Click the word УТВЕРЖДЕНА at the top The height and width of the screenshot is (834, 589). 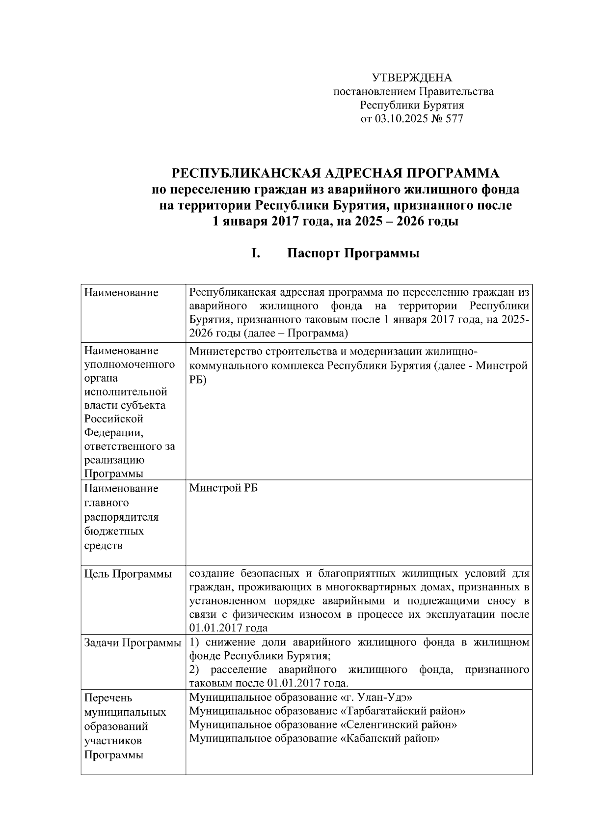[x=412, y=78]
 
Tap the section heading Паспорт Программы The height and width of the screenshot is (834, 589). [x=353, y=253]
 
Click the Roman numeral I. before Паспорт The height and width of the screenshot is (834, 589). [x=255, y=253]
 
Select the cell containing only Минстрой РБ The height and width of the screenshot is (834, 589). [x=223, y=488]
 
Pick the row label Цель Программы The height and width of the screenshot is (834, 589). [x=128, y=574]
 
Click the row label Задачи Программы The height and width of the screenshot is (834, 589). [x=133, y=642]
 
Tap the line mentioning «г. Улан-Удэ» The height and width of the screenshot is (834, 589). [x=300, y=697]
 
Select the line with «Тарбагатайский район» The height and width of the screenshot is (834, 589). [x=327, y=711]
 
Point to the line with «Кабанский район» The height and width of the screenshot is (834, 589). [x=314, y=739]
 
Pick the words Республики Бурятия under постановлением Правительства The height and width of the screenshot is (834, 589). [x=412, y=105]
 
